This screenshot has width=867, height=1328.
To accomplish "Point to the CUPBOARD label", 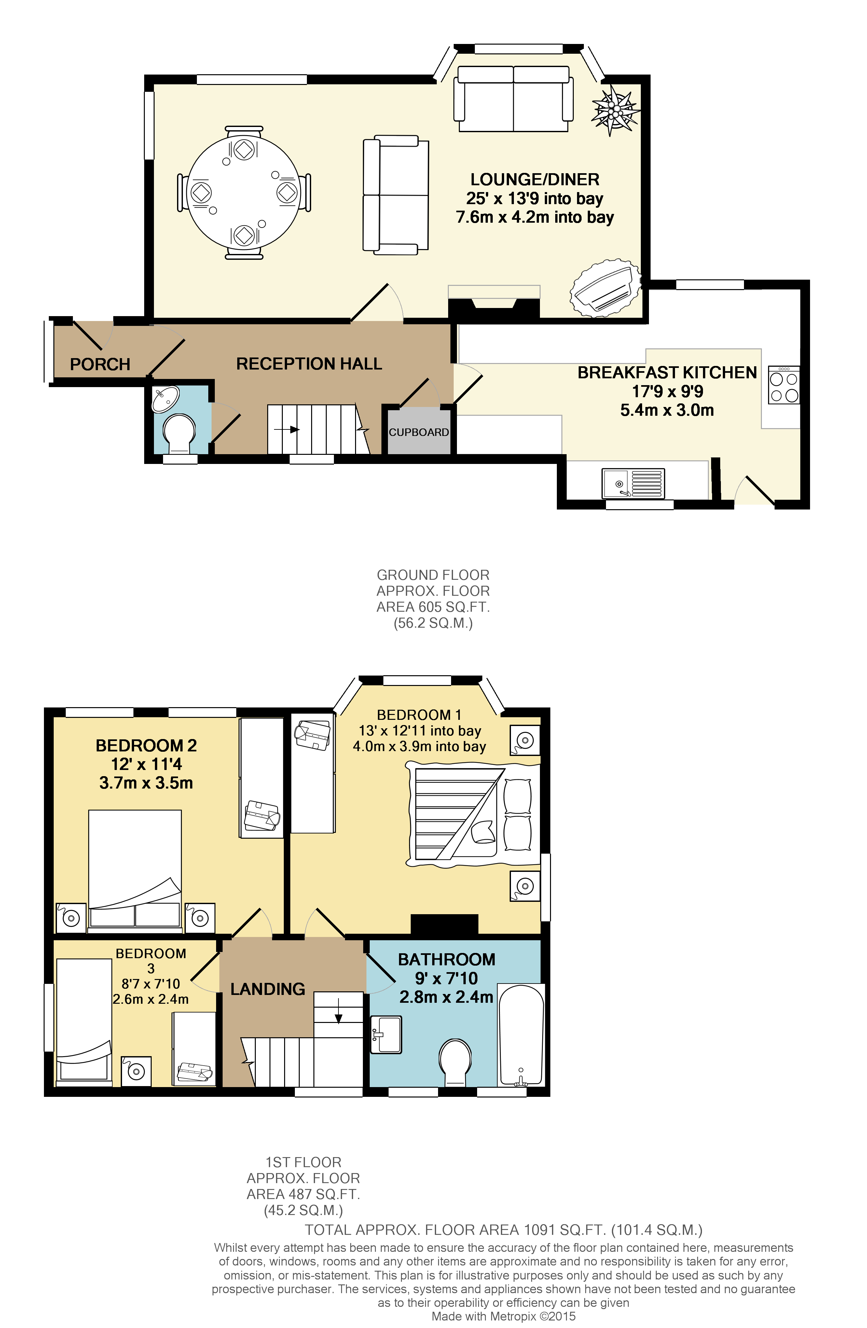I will [419, 432].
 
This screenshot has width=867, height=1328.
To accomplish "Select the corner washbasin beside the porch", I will [165, 398].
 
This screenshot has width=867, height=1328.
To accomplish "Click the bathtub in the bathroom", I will [520, 1036].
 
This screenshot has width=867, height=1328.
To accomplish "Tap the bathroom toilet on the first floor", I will [455, 1060].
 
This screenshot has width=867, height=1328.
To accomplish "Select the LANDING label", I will [268, 989].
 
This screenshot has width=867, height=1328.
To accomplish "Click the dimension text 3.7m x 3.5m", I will [146, 783].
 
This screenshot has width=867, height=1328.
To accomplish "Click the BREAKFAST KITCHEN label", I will [667, 373].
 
